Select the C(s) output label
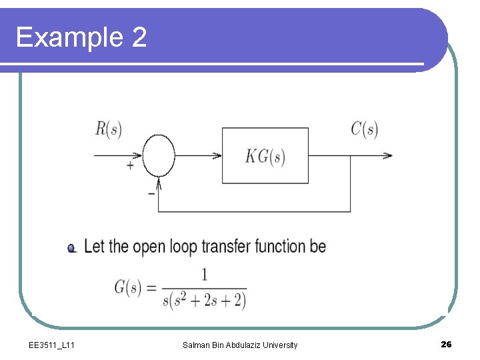click(x=364, y=129)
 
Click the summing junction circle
click(x=159, y=155)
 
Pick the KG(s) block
click(x=265, y=156)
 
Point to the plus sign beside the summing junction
click(x=130, y=165)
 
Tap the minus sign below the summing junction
click(x=151, y=193)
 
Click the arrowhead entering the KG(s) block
click(x=217, y=156)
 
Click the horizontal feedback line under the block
click(x=253, y=212)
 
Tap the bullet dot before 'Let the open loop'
click(x=71, y=248)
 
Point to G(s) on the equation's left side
click(x=127, y=288)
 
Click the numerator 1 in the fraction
click(x=204, y=275)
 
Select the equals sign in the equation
click(x=151, y=289)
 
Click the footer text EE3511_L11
click(x=52, y=345)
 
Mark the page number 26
click(x=446, y=344)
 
